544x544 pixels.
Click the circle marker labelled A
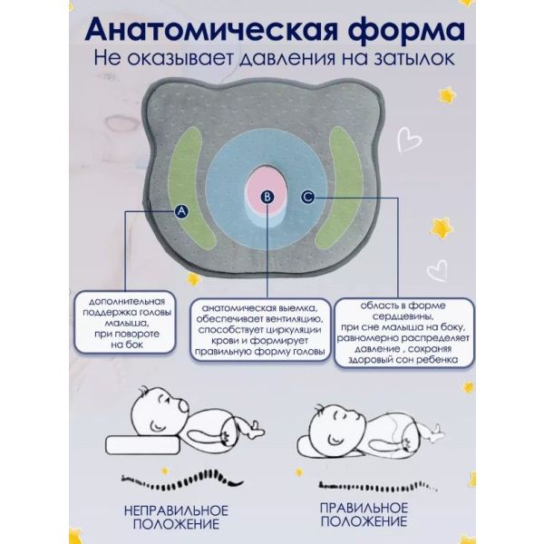[x=181, y=210]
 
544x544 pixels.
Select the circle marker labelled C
[x=307, y=195]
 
